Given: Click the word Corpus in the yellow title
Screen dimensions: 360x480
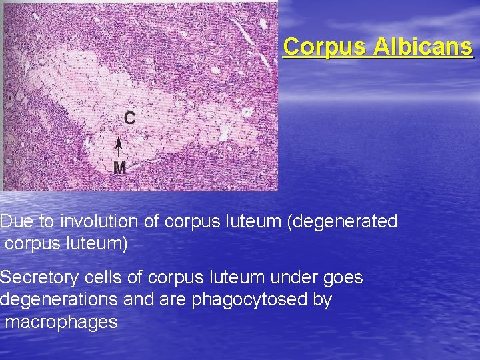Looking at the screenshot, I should (x=325, y=47).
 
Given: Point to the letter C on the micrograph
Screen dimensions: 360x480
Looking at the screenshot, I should (x=129, y=119).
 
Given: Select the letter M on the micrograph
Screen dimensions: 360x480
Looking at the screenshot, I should (x=119, y=168).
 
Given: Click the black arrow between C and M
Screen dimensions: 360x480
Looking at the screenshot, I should (x=119, y=147).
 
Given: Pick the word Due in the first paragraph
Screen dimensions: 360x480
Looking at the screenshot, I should (x=15, y=221).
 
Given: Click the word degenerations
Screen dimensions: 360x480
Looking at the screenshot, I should (x=59, y=300).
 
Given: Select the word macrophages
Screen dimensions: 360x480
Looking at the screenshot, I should (x=61, y=323).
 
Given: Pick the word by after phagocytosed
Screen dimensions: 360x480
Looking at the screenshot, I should (x=322, y=301).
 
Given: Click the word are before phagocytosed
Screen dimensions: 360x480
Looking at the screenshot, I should (x=174, y=300).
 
